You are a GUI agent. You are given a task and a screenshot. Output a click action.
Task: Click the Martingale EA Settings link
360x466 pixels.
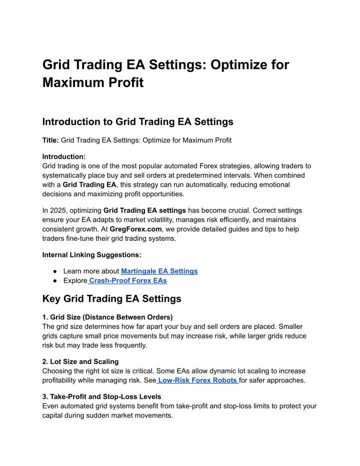(159, 271)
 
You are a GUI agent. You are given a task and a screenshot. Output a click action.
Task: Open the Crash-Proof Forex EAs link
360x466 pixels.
(127, 281)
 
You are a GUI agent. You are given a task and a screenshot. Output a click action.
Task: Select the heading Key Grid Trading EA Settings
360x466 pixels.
(111, 299)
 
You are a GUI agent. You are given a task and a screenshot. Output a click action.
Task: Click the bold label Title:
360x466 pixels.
(50, 140)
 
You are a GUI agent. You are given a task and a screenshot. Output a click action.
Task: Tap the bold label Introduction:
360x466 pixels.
(64, 156)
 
